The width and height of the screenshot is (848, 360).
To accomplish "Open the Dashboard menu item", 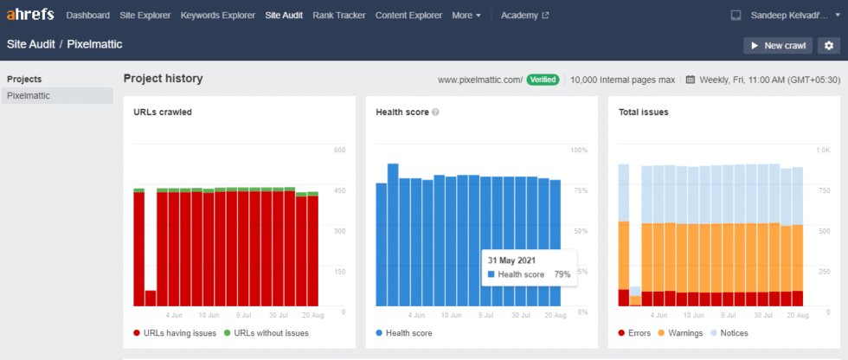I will tap(87, 16).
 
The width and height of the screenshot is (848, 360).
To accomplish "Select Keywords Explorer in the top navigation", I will tap(218, 16).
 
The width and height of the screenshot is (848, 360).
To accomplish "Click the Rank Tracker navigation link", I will tap(339, 16).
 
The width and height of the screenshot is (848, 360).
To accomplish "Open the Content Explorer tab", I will tap(409, 16).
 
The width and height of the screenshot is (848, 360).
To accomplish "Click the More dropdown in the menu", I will tap(466, 16).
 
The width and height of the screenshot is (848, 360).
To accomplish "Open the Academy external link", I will tap(524, 16).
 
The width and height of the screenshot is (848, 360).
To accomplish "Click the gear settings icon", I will tap(829, 45).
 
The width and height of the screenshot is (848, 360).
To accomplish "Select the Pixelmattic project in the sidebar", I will tap(29, 95).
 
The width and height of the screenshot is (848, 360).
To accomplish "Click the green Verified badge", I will tap(542, 80).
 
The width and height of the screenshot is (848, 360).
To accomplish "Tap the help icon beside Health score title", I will tap(435, 112).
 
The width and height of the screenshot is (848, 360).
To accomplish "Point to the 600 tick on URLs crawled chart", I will tap(340, 150).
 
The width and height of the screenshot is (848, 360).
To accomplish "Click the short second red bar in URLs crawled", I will tap(151, 298).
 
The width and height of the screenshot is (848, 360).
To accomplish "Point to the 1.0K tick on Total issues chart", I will tap(822, 150).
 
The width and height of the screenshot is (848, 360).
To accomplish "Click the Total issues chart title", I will tap(643, 112).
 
